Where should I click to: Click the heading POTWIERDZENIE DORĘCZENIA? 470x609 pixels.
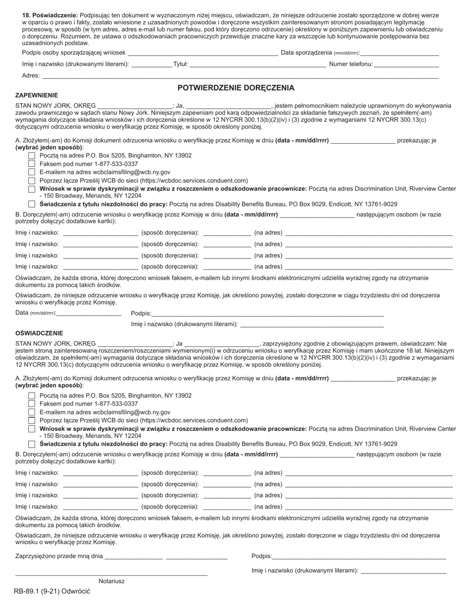pyautogui.click(x=236, y=88)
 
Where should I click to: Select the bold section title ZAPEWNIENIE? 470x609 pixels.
pyautogui.click(x=37, y=95)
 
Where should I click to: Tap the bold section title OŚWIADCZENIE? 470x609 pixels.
pyautogui.click(x=39, y=333)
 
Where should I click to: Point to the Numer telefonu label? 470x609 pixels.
pyautogui.click(x=351, y=64)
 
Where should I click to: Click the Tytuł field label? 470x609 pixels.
pyautogui.click(x=180, y=64)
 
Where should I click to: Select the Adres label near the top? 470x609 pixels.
pyautogui.click(x=31, y=76)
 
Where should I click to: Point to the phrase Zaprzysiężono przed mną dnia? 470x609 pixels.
pyautogui.click(x=59, y=556)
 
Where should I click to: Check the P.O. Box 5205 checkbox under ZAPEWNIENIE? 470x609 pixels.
pyautogui.click(x=32, y=155)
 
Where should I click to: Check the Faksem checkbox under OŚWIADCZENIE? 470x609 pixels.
pyautogui.click(x=32, y=404)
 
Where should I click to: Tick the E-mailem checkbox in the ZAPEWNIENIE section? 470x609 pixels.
pyautogui.click(x=32, y=172)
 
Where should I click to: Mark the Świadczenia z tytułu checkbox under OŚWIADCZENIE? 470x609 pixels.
pyautogui.click(x=32, y=444)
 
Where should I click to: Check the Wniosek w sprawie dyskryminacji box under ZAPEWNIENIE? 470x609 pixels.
pyautogui.click(x=32, y=189)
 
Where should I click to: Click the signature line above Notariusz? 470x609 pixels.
pyautogui.click(x=111, y=575)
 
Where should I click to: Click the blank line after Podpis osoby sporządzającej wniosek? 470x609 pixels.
pyautogui.click(x=203, y=53)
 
